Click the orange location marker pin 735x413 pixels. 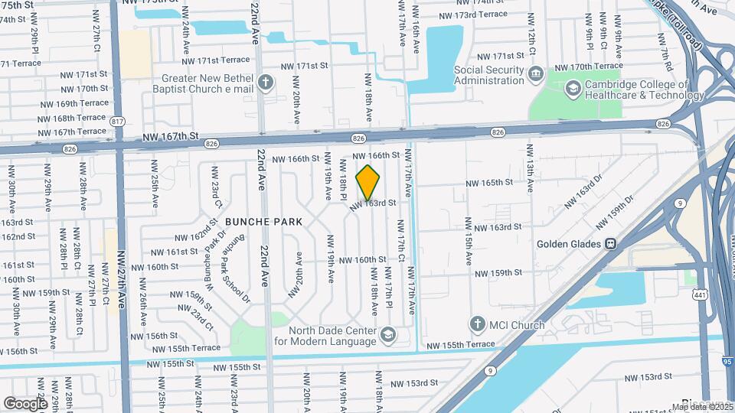point(368,182)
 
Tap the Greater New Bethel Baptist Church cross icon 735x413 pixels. point(266,82)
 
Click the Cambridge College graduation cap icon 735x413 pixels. point(572,89)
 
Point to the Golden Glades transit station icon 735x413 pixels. point(611,244)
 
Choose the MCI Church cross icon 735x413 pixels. point(478,324)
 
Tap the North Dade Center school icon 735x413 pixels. point(388,334)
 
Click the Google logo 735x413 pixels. point(24,403)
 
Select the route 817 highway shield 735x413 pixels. point(117,122)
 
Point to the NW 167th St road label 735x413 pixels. point(171,136)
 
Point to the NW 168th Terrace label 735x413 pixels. point(73,118)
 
